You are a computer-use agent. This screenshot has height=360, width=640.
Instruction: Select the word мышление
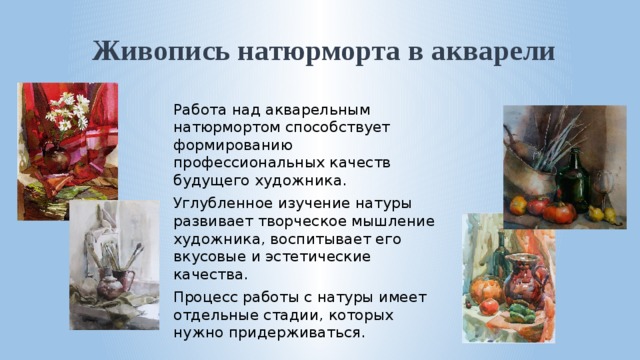pos(389,220)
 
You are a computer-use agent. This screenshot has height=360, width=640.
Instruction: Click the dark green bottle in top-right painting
pos(573,180)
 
